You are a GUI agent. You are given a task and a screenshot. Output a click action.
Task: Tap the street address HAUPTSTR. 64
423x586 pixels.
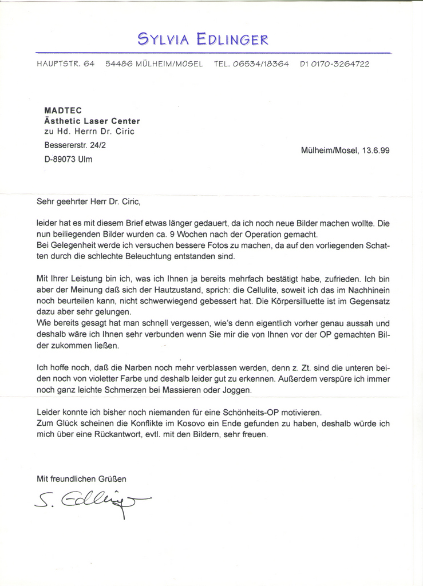tap(66, 64)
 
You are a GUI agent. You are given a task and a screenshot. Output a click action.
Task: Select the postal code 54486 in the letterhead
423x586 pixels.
tap(118, 64)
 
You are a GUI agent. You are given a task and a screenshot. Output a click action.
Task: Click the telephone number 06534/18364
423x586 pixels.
tap(260, 64)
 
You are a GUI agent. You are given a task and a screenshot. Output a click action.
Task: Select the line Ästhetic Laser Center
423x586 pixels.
tap(92, 121)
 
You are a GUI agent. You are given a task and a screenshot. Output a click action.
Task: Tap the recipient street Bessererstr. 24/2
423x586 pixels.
tap(75, 145)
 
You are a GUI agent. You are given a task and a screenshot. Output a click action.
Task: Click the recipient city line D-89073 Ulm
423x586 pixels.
tap(68, 160)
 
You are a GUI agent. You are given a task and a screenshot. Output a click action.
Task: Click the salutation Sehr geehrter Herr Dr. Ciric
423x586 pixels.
tap(88, 201)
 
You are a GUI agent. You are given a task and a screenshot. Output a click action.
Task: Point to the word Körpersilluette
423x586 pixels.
tap(299, 301)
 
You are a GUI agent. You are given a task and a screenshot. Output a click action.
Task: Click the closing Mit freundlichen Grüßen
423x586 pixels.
tap(81, 478)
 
